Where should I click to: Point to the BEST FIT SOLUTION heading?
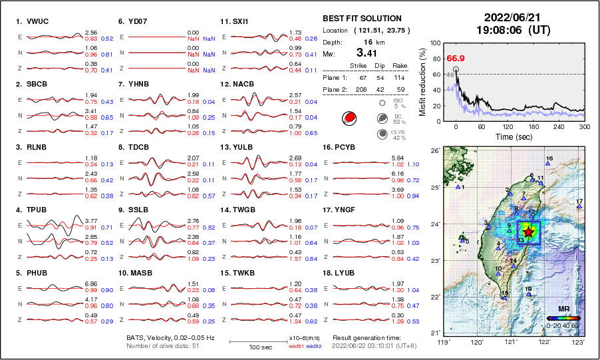362,19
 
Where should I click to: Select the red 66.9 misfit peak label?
455,59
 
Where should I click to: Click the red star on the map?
529,232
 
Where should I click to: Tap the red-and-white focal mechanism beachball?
348,118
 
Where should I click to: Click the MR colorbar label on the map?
562,309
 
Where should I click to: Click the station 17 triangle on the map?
579,207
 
